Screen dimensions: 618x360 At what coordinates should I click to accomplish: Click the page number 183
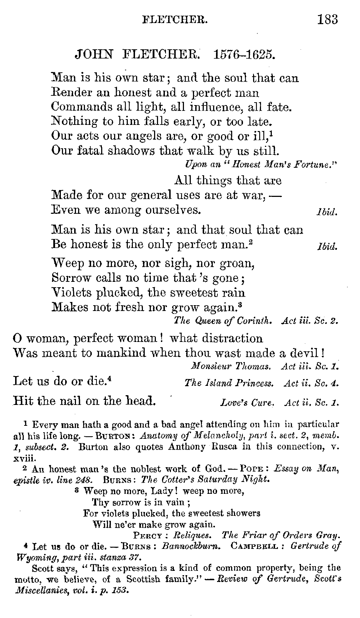point(327,19)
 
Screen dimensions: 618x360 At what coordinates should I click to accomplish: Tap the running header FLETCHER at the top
point(175,19)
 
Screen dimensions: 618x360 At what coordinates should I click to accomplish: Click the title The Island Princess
point(229,383)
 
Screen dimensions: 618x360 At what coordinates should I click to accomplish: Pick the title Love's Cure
point(247,403)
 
